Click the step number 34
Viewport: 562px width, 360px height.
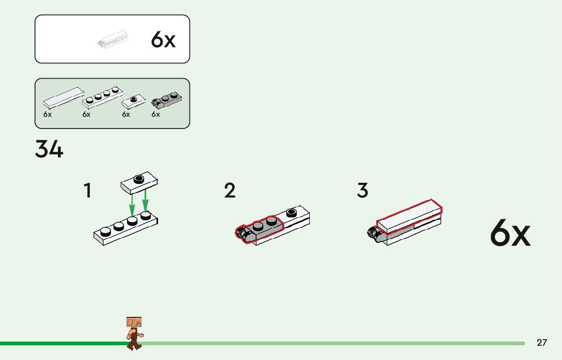(49, 149)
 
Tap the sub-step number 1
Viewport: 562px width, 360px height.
(88, 191)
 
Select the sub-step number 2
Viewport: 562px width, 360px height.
(230, 191)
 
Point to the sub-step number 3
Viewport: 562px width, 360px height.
(362, 191)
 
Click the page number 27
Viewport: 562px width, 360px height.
(542, 343)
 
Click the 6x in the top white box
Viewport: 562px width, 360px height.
(163, 40)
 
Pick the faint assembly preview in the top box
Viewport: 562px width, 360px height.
(112, 40)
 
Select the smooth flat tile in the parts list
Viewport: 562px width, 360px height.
(63, 97)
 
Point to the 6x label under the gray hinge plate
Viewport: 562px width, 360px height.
(155, 115)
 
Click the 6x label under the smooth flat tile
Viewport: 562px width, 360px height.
(48, 115)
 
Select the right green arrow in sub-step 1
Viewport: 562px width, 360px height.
(146, 201)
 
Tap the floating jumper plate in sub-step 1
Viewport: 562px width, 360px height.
(139, 182)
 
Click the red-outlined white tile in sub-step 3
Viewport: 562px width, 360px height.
(409, 216)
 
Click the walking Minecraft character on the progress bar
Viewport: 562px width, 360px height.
(134, 333)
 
